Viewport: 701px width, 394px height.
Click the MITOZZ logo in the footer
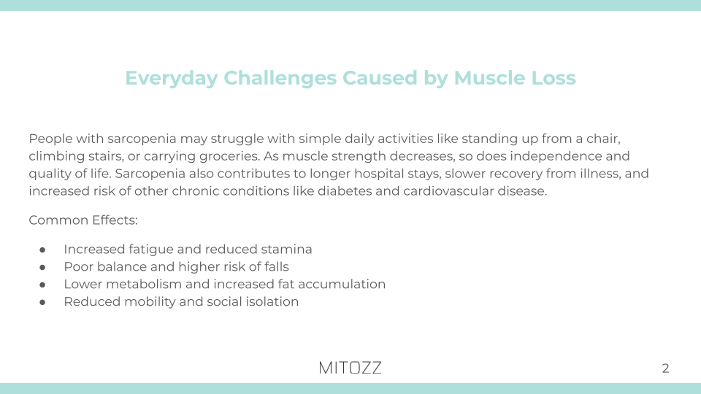coord(350,368)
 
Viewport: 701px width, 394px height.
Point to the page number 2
coord(665,368)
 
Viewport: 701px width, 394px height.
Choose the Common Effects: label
coord(69,220)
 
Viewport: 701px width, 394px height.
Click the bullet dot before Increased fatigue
coord(44,250)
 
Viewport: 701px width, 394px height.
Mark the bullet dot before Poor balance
coord(44,267)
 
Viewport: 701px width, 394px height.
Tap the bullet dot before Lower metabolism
coord(44,285)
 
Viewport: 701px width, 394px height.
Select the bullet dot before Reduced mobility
coord(44,302)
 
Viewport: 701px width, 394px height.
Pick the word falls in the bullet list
coord(273,267)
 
